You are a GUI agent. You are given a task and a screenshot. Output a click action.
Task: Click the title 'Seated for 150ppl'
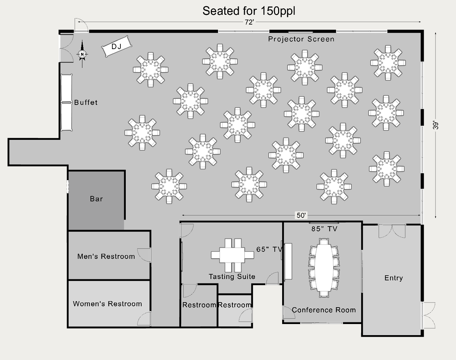[x=249, y=11]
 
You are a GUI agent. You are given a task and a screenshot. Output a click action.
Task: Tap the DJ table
[x=117, y=46]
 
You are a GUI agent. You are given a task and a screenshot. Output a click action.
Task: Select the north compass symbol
[x=82, y=54]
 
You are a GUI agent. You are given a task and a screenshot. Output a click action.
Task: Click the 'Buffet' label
[x=86, y=103]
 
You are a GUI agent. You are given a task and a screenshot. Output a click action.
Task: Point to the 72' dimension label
[x=249, y=22]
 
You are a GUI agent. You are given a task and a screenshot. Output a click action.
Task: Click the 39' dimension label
[x=436, y=125]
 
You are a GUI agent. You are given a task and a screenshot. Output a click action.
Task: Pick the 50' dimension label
[x=301, y=215]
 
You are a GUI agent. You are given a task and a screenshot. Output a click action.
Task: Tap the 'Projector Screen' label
[x=301, y=39]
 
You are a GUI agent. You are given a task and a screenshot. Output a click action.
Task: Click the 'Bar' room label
[x=96, y=199]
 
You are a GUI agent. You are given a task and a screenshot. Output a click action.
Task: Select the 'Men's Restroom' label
[x=106, y=256]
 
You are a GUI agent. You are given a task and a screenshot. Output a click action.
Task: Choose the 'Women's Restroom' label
[x=107, y=304]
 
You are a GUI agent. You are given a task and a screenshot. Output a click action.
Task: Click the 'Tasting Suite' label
[x=232, y=277]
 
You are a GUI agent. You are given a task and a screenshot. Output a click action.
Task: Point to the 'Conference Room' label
[x=324, y=310]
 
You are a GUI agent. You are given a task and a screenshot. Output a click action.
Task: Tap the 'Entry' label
[x=393, y=278]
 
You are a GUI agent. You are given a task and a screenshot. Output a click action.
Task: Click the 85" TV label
[x=324, y=229]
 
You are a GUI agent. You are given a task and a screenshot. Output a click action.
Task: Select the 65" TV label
[x=269, y=249]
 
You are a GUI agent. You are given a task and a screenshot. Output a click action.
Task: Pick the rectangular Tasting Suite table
[x=232, y=255]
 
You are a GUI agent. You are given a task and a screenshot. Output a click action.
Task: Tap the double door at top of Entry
[x=392, y=231]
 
